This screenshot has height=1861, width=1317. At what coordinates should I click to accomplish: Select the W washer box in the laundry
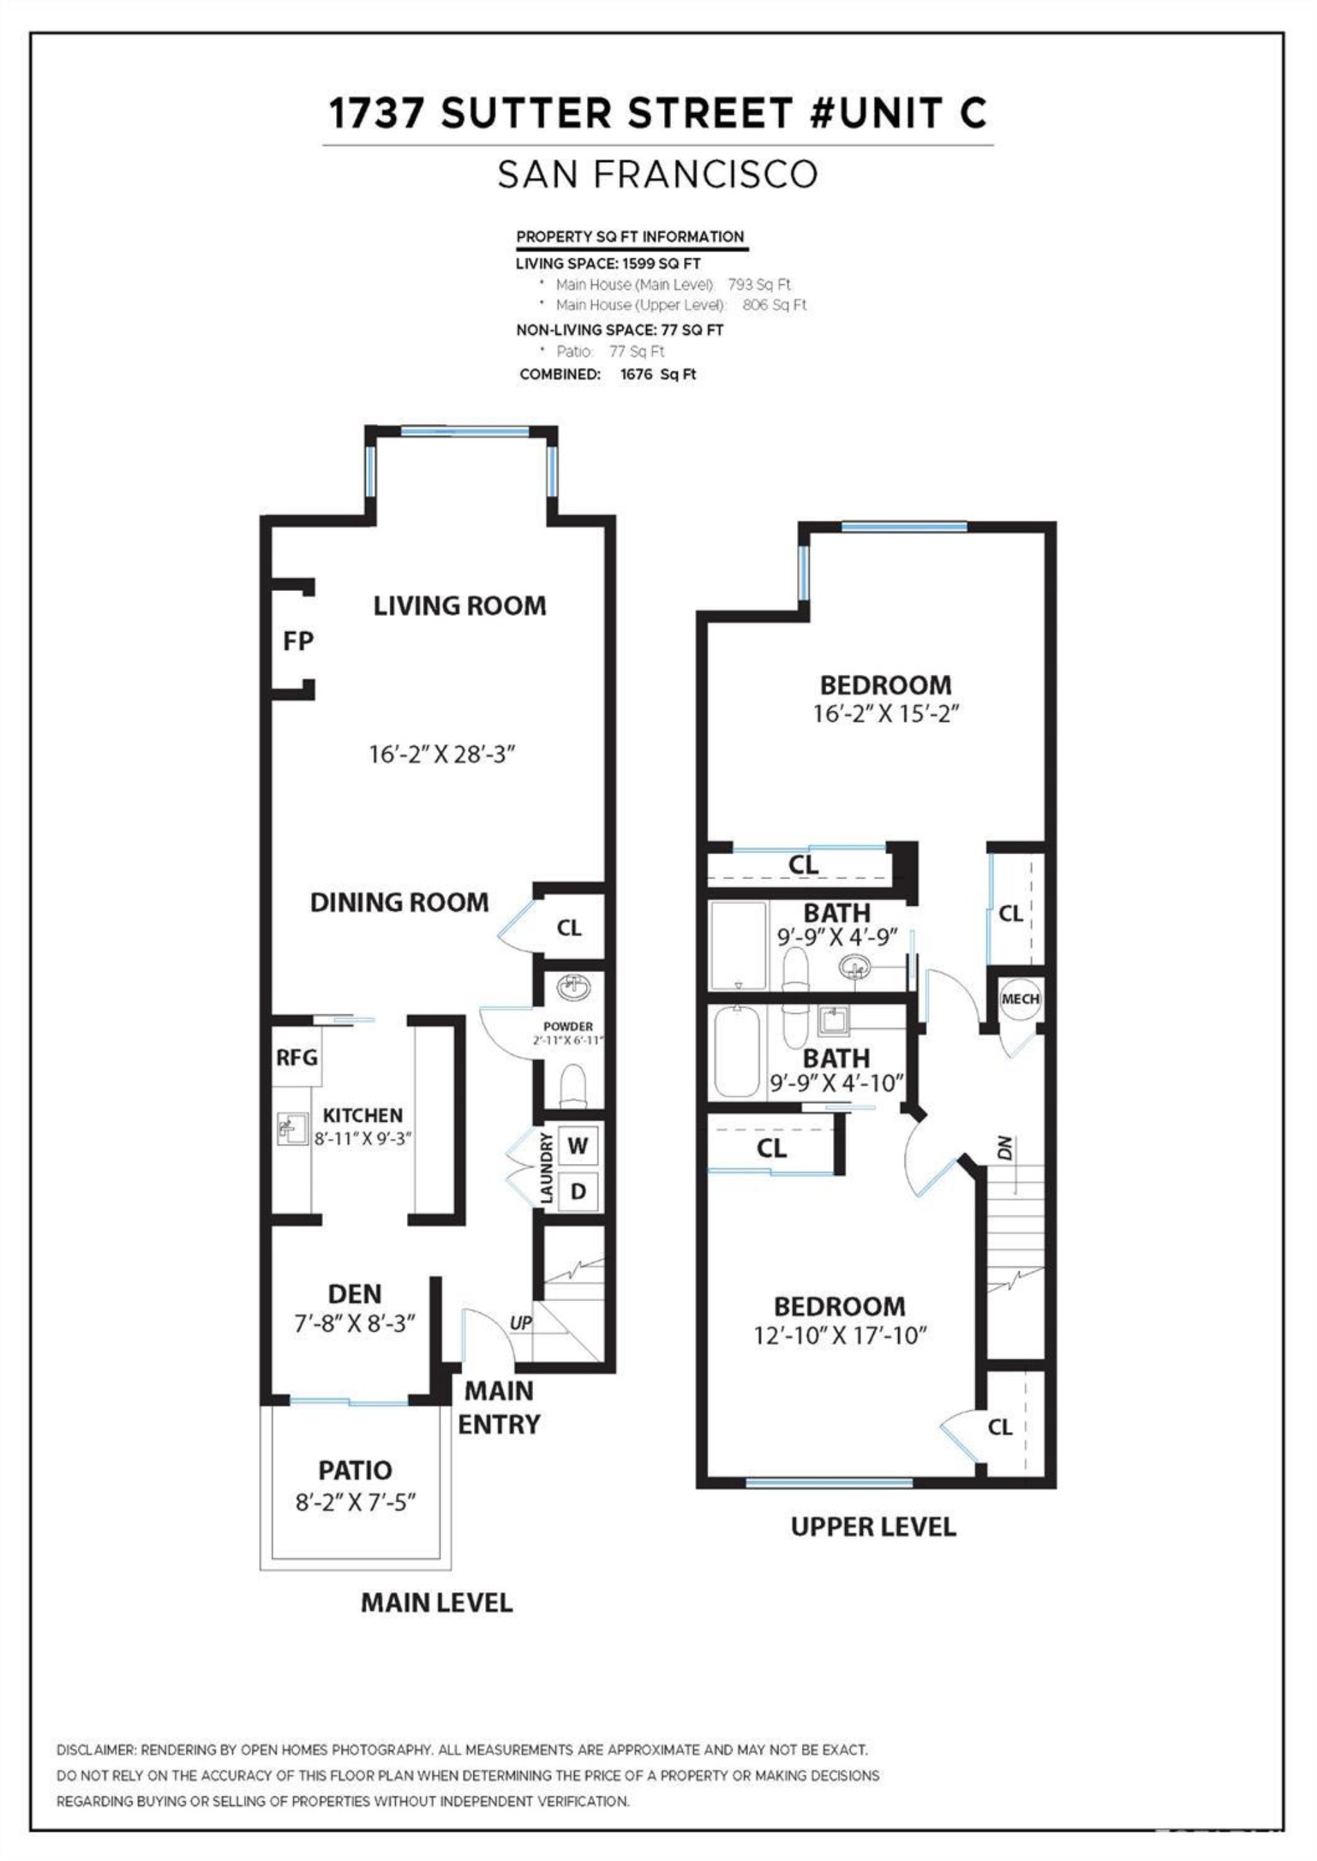point(577,1145)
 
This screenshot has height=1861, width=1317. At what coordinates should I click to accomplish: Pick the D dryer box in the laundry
point(577,1192)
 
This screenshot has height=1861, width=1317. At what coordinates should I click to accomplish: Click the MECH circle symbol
point(1020,998)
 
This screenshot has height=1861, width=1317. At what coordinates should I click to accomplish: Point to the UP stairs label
point(521,1323)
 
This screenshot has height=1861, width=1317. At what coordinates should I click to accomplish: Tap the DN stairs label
point(1006,1149)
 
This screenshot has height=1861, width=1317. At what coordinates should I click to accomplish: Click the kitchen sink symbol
point(291,1127)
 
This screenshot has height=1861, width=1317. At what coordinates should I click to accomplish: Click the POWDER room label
point(568,1026)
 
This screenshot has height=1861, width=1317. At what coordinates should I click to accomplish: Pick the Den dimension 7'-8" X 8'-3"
point(354,1323)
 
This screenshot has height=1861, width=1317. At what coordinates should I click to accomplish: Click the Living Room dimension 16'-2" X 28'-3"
point(442,755)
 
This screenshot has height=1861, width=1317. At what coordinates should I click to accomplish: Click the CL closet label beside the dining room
point(568,928)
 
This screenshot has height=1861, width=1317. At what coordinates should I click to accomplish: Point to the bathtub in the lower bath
point(737,1050)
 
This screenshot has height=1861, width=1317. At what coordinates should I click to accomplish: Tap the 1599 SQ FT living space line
point(608,263)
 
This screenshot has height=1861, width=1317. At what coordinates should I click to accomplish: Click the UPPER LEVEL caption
point(873,1527)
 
